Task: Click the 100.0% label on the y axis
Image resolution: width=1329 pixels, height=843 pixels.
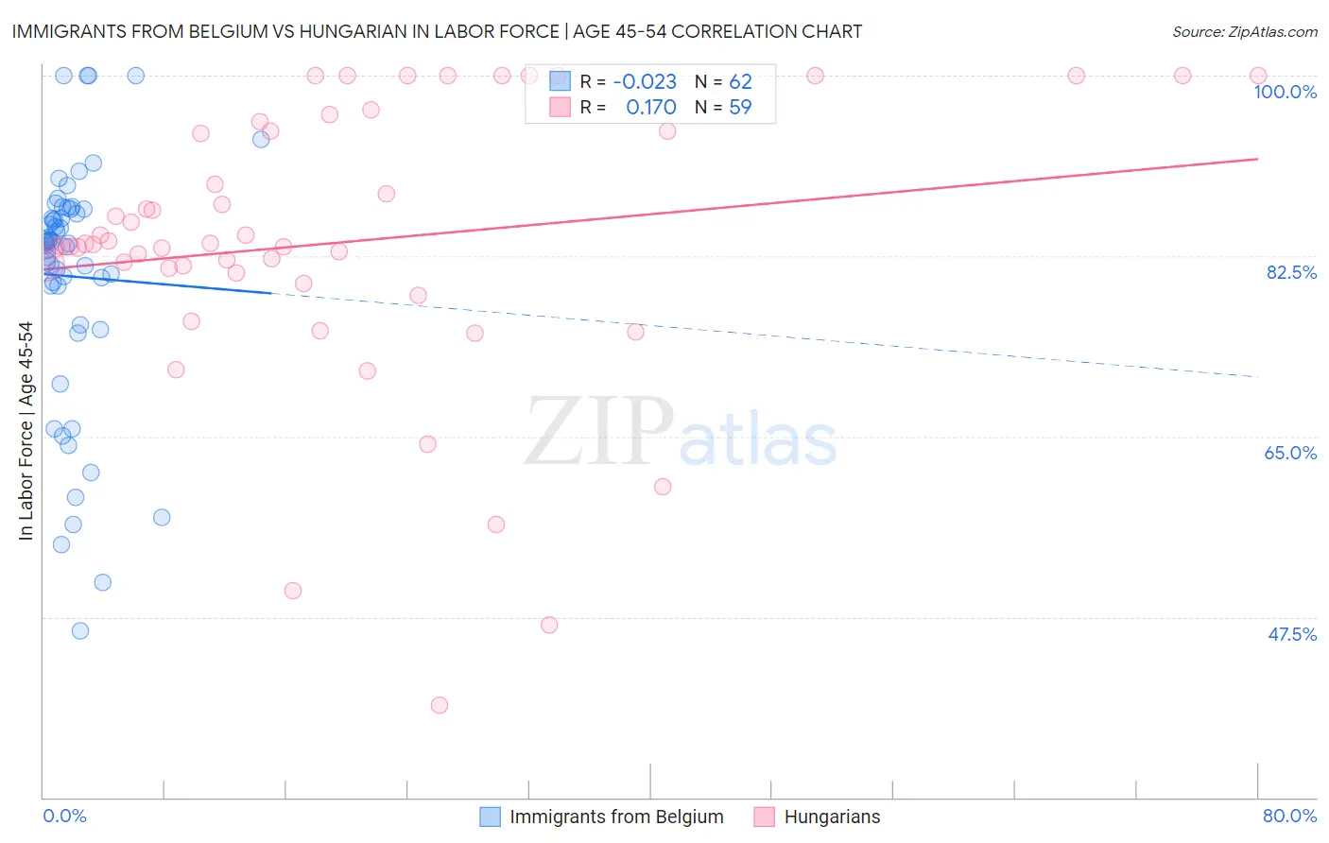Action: [1285, 92]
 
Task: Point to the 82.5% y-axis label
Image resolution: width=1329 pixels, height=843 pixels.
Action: [1291, 272]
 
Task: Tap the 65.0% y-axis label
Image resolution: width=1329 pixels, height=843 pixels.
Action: [1290, 453]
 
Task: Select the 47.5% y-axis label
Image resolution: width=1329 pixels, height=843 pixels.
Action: [1291, 634]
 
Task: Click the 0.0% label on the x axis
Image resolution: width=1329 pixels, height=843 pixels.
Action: [64, 816]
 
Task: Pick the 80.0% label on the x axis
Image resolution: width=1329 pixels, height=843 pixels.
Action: [1289, 816]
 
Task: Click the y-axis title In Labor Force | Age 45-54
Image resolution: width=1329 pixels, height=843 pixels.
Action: [26, 431]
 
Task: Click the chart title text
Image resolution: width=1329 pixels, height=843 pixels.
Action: [437, 31]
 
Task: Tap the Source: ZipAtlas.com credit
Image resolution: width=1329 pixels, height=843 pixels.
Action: [1244, 31]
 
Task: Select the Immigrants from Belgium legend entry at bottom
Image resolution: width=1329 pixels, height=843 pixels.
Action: [616, 817]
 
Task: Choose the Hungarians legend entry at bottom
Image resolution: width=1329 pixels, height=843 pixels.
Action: [832, 817]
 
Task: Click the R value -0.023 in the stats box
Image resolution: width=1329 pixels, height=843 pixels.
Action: [645, 81]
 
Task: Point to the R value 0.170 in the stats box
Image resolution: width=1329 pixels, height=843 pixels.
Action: [650, 107]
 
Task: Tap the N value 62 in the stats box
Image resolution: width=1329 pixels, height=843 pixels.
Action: [740, 81]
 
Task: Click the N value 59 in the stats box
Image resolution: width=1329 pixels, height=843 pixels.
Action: [740, 107]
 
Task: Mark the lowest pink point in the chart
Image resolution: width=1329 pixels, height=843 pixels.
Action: [439, 705]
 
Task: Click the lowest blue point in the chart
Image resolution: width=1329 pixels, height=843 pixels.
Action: [80, 630]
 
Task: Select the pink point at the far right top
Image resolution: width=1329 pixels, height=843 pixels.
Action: [1258, 76]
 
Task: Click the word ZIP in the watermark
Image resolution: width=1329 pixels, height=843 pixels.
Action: [599, 432]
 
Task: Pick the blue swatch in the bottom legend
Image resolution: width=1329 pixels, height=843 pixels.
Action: [490, 817]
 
